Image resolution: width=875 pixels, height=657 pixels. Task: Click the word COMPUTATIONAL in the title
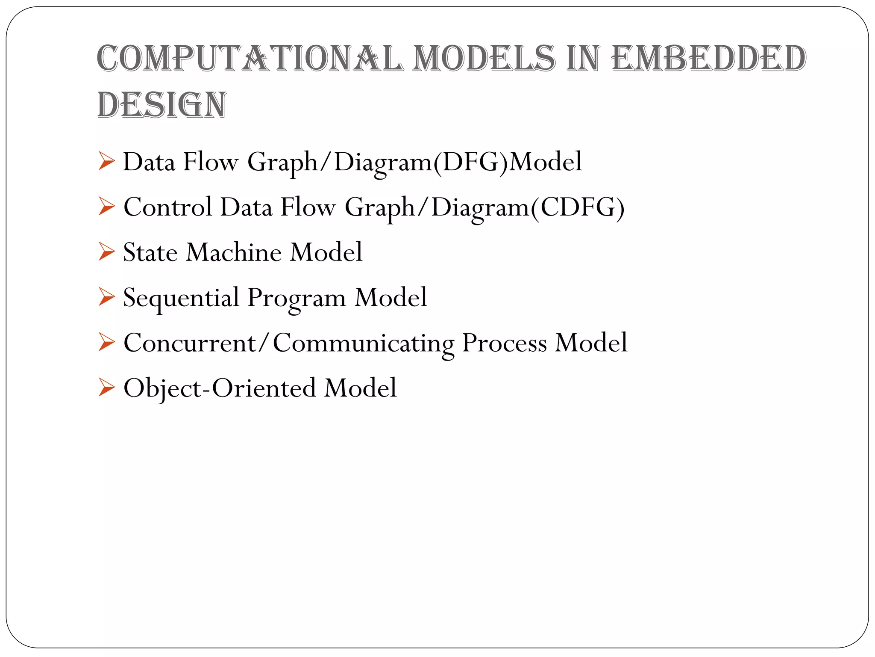click(x=250, y=58)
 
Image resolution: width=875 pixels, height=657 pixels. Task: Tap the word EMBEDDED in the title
click(x=708, y=58)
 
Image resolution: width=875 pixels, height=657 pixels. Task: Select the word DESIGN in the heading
click(x=161, y=105)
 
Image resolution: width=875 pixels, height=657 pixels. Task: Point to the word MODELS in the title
click(x=485, y=58)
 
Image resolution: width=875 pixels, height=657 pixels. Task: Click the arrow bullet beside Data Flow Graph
click(x=106, y=161)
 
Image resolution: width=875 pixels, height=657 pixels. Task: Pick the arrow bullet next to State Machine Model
click(x=106, y=252)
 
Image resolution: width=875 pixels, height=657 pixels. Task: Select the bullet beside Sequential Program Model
click(x=106, y=297)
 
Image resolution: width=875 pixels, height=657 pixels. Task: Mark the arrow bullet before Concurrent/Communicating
click(x=106, y=343)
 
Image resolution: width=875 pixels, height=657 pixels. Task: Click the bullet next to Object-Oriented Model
click(x=106, y=388)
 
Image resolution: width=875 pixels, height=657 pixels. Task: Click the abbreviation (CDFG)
click(x=578, y=207)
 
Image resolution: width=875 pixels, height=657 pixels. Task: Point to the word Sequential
click(x=181, y=298)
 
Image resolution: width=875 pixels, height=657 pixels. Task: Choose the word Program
click(x=297, y=298)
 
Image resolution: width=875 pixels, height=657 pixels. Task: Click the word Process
click(x=504, y=343)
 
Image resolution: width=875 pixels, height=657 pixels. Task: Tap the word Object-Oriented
click(x=220, y=388)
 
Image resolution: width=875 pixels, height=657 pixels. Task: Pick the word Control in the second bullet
click(x=168, y=207)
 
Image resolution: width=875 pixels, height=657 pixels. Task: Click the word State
click(x=150, y=252)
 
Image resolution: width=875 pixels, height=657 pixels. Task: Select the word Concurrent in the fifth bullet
click(x=189, y=343)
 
